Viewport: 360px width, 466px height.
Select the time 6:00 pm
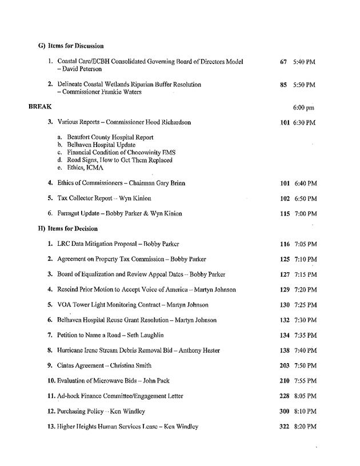(x=303, y=107)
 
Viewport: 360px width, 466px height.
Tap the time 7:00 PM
(x=306, y=214)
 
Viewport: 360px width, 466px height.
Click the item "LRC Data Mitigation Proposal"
(x=101, y=244)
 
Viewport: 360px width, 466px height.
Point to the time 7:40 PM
(x=306, y=351)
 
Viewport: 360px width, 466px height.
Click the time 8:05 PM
(x=306, y=396)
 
